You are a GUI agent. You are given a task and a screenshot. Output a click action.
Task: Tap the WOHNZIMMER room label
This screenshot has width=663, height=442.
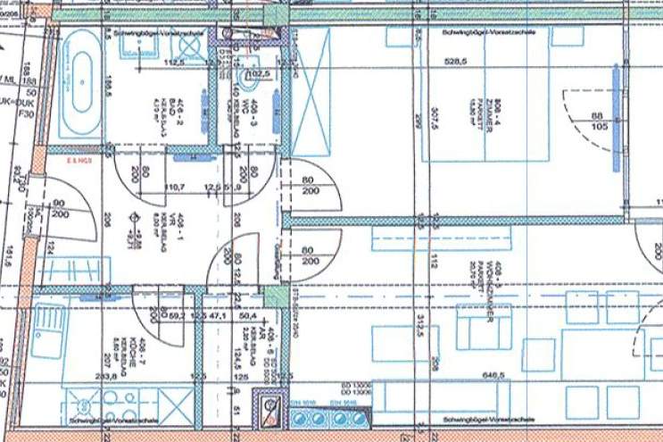pos(495,266)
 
